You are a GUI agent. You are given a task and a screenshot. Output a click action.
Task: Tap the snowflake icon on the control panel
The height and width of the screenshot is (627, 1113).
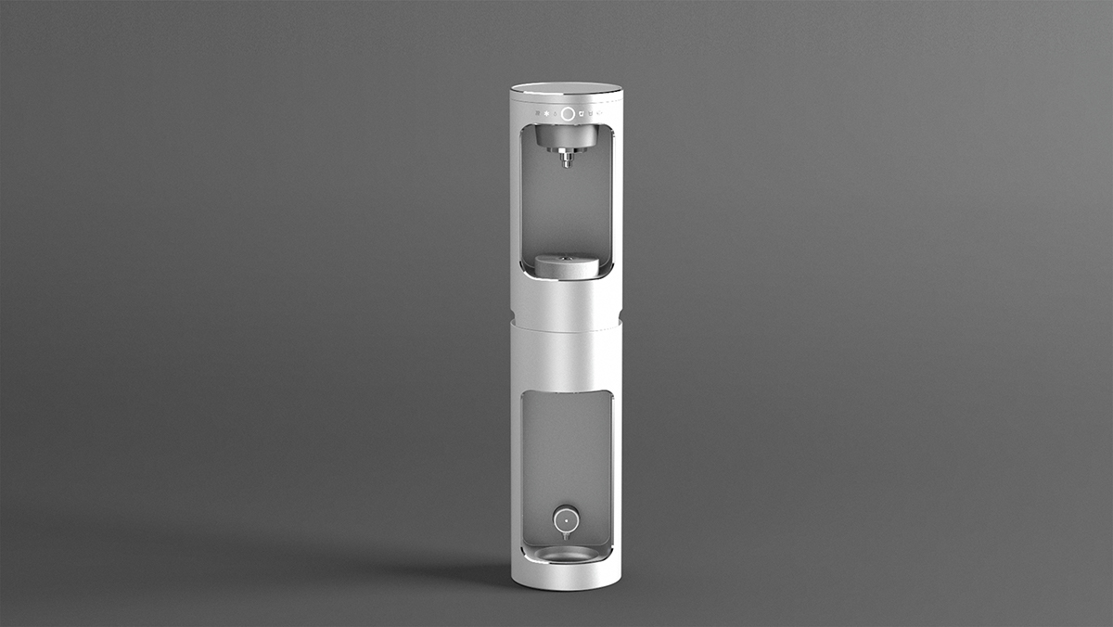(546, 115)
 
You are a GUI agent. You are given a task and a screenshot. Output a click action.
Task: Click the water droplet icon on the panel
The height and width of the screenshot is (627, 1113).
(555, 115)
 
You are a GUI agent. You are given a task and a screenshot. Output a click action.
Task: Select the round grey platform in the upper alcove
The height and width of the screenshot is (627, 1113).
(567, 266)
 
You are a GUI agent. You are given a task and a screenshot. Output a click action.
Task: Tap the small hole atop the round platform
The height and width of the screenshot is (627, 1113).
(567, 257)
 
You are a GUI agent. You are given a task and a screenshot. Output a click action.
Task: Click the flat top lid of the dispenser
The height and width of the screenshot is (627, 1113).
(566, 90)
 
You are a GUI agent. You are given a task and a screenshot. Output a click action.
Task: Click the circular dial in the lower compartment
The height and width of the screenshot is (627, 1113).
(565, 520)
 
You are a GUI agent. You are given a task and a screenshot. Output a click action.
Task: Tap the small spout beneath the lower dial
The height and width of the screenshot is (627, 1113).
(565, 537)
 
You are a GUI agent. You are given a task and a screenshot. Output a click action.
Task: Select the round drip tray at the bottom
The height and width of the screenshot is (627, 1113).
(566, 555)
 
